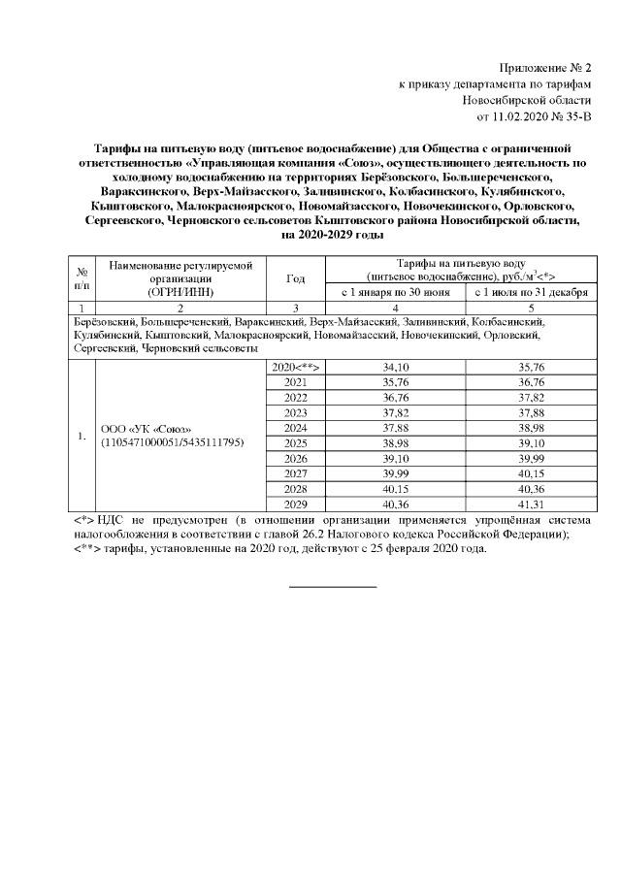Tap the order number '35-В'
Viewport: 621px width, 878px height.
tap(574, 117)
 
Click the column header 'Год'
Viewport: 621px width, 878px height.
tap(296, 277)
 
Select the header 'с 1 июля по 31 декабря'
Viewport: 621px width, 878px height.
tap(531, 291)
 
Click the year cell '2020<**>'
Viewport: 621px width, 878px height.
tap(296, 368)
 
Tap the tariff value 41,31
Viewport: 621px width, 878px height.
tap(531, 505)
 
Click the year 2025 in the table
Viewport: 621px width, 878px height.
tap(296, 444)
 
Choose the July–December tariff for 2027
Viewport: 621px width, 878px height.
tap(531, 474)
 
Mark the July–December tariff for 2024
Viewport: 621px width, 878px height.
tap(531, 429)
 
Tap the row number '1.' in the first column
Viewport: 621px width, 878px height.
tap(82, 436)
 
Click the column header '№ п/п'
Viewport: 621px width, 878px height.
tap(82, 277)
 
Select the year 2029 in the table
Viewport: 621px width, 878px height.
tap(296, 505)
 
